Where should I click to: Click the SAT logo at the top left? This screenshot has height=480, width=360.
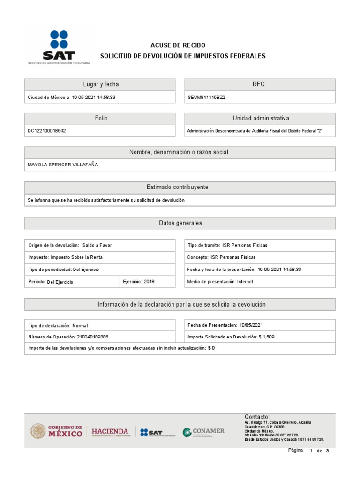(59, 47)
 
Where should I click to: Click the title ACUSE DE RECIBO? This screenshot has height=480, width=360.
(178, 45)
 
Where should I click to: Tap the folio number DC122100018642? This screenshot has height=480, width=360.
(47, 131)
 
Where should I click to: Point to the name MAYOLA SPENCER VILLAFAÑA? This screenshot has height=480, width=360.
(63, 165)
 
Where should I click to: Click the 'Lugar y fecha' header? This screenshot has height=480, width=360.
(100, 84)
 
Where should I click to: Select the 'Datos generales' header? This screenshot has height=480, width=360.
(180, 223)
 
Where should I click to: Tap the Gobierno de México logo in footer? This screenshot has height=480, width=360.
(56, 431)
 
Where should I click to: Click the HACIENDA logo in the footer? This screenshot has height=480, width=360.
(110, 431)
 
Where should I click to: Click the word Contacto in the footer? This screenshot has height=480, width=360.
(257, 417)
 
